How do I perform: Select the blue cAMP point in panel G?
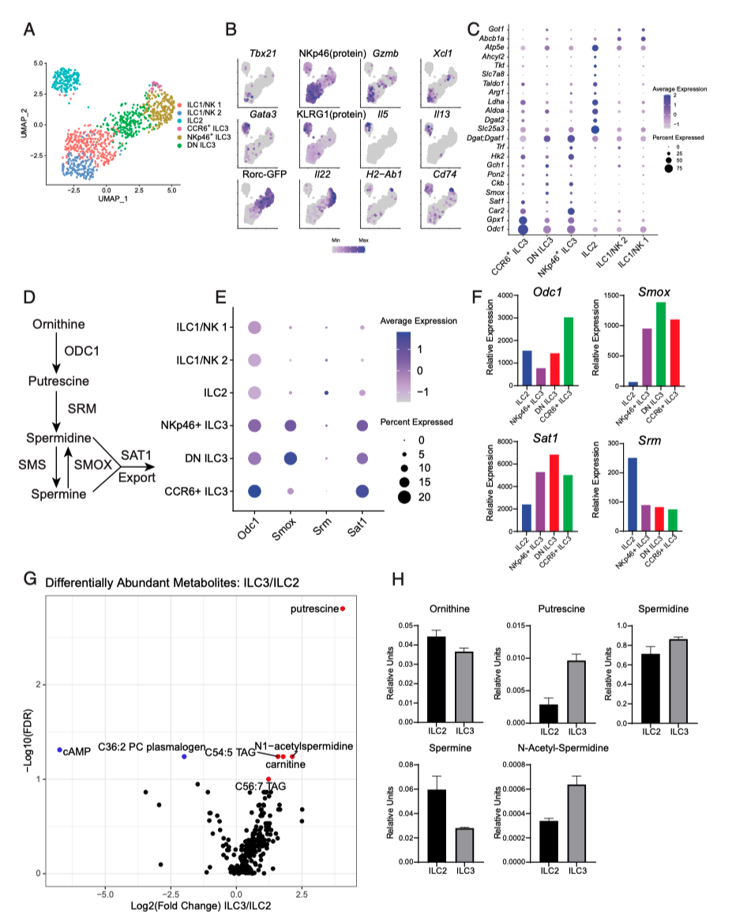coord(59,750)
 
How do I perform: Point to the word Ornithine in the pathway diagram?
coord(59,326)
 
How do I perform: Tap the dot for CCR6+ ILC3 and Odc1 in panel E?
coord(255,491)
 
